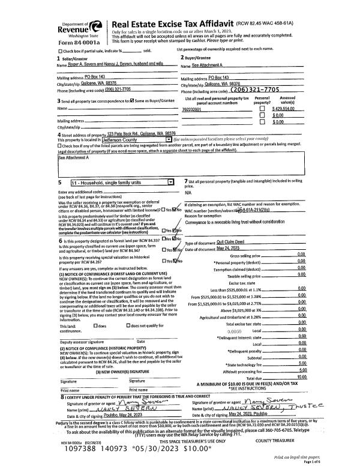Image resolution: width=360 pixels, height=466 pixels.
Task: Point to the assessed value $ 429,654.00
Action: point(286,109)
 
